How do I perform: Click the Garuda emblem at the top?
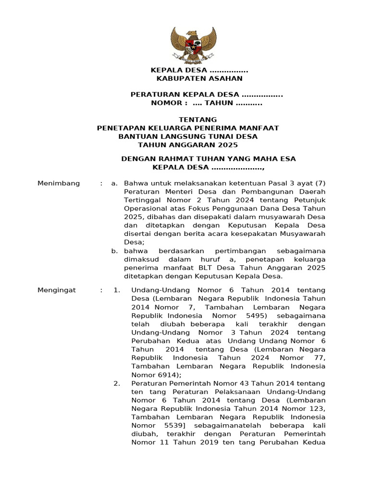[x=194, y=46]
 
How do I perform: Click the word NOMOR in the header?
[x=166, y=103]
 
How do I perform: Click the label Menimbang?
[x=59, y=183]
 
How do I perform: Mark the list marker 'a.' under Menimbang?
[x=114, y=183]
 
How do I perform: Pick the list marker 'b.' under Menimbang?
[x=114, y=251]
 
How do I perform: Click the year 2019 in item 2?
[x=191, y=442]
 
